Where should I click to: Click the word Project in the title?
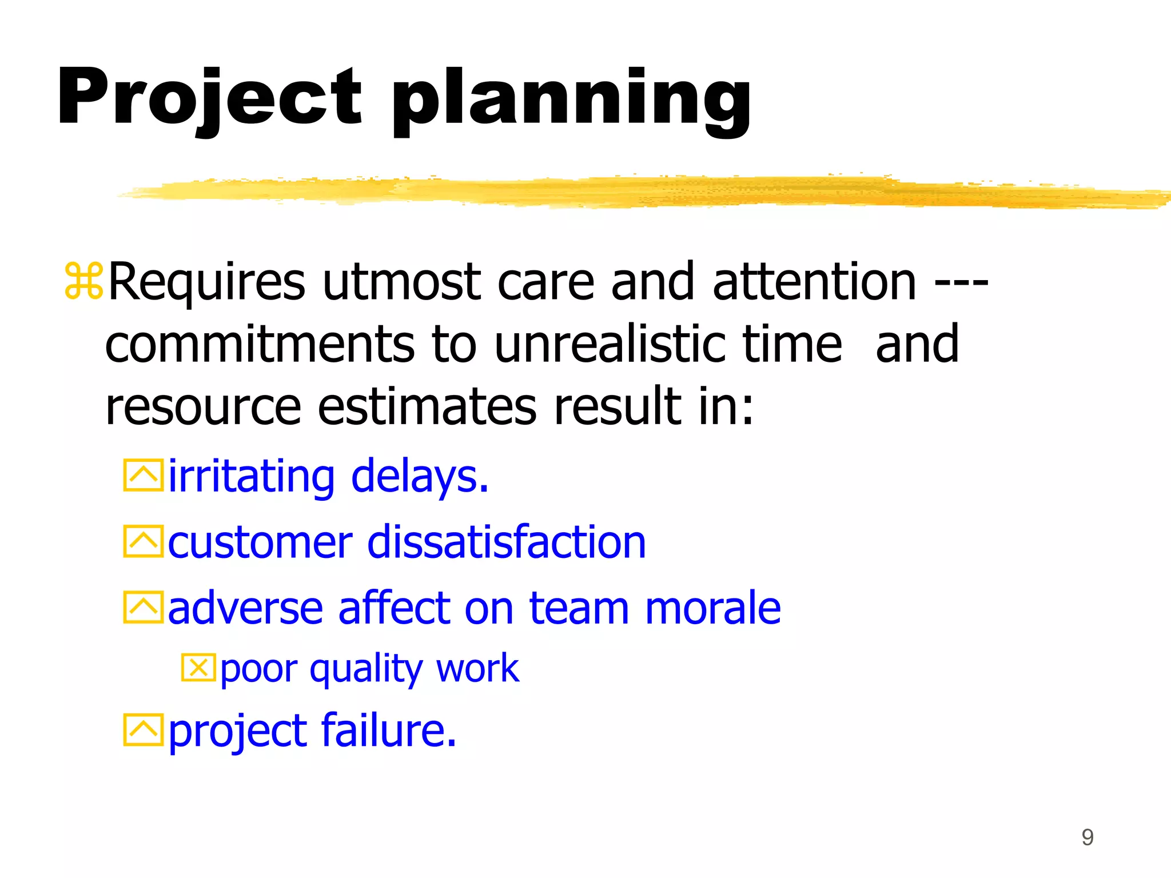pos(209,97)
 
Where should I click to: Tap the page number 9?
pos(1087,837)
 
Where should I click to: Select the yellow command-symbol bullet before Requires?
pos(84,281)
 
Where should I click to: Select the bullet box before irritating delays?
pos(143,475)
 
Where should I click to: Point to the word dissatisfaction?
pos(506,541)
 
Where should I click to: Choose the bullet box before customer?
pos(143,541)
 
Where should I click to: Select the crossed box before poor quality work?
pos(198,668)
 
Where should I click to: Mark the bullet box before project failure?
pos(143,730)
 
